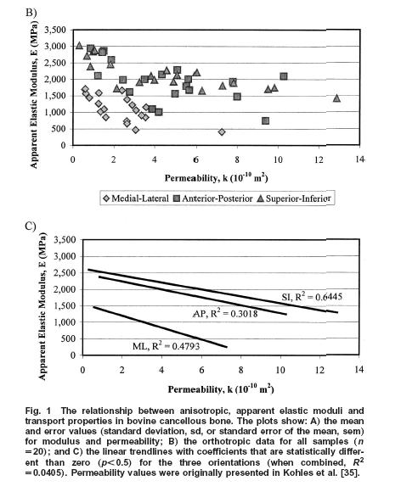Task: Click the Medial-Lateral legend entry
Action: (x=136, y=198)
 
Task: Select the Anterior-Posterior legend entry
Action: (x=213, y=198)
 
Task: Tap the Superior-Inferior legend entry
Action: (x=294, y=198)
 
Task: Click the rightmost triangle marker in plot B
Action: (x=337, y=98)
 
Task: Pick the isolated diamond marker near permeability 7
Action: (x=222, y=132)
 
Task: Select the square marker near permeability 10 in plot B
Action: (x=284, y=76)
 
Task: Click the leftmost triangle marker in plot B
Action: (x=79, y=46)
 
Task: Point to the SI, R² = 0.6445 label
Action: (x=312, y=297)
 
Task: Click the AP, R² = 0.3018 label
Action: (x=225, y=313)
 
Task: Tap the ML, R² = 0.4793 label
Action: (x=166, y=346)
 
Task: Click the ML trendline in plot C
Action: (x=160, y=327)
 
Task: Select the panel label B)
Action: (x=31, y=13)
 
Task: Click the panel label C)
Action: (x=31, y=226)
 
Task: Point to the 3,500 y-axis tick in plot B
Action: (x=55, y=30)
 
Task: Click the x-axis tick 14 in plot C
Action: (x=359, y=370)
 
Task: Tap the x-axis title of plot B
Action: (x=216, y=178)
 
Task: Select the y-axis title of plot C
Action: (x=42, y=306)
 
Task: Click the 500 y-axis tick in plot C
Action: (x=69, y=338)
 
